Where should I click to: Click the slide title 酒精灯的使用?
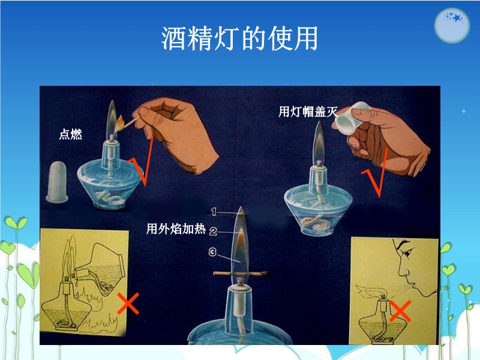coord(239,38)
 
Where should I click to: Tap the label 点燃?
coord(70,134)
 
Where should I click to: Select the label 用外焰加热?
coord(175,229)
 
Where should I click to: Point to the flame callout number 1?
coord(214,212)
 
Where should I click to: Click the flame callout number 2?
coord(213,232)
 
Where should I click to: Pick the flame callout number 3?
coord(212,251)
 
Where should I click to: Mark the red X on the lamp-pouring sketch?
coord(128,304)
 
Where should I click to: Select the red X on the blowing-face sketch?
coord(400,311)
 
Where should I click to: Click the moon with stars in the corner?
coord(452,25)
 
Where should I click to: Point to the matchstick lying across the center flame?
coord(241,274)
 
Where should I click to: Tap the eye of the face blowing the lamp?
coord(407,253)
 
